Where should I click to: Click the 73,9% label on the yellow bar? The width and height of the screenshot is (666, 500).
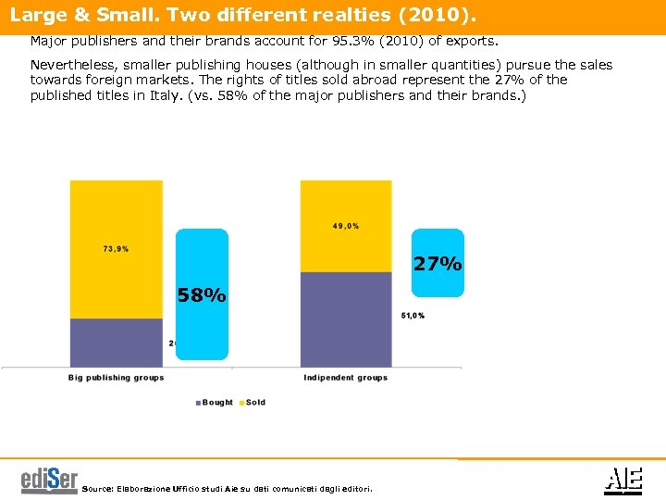point(116,248)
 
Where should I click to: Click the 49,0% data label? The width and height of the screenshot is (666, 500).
point(347,226)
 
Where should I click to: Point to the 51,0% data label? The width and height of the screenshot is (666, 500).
point(413,316)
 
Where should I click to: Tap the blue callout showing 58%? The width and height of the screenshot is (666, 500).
point(202,295)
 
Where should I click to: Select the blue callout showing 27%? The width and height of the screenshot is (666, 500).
point(438,263)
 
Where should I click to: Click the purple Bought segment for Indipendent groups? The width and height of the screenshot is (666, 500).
point(347,319)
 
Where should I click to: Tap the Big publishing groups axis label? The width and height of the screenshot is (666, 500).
point(117,378)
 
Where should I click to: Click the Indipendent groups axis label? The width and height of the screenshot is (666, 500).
point(346,378)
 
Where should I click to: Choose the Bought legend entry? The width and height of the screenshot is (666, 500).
point(215,403)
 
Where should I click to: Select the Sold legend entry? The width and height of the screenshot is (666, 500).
point(253,403)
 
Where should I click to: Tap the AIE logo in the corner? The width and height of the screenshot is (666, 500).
point(623,480)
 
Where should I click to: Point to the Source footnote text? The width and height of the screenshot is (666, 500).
point(228,488)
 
